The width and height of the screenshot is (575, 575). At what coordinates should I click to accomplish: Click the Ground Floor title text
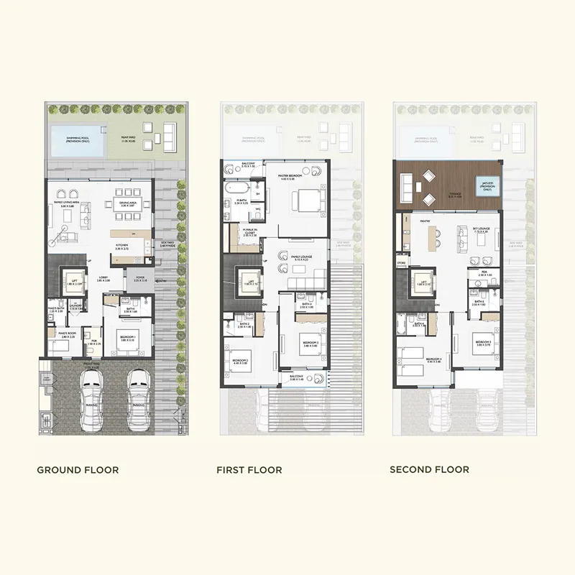(78, 470)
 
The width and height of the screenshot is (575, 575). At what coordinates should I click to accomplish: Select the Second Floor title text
(429, 469)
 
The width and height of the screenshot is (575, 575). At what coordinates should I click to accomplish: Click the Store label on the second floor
(402, 262)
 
